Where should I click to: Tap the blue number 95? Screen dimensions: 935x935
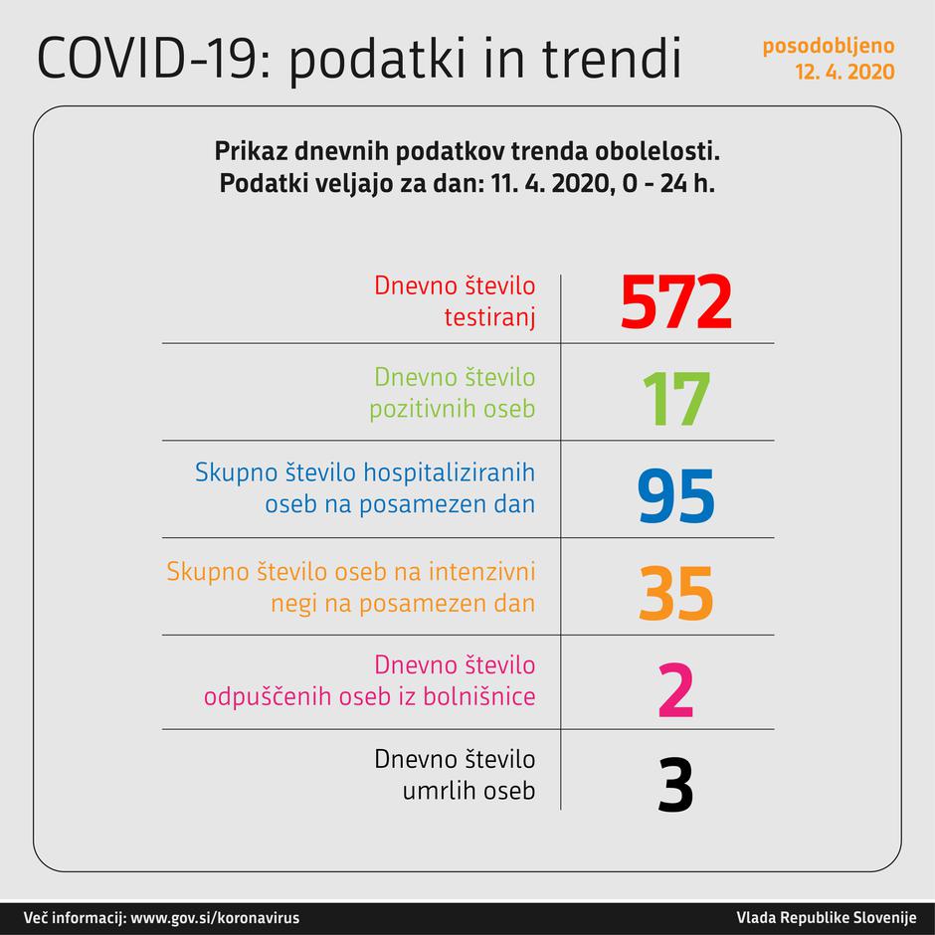[676, 496]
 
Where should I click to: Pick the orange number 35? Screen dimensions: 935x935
[676, 594]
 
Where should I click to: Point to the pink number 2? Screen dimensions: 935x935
[676, 691]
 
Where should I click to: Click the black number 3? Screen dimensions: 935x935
[676, 786]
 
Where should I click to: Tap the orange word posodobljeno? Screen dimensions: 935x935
[828, 46]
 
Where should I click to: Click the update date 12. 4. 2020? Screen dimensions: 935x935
[843, 72]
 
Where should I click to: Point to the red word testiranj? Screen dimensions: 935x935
[488, 316]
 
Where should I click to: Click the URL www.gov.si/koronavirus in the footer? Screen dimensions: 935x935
[215, 917]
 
